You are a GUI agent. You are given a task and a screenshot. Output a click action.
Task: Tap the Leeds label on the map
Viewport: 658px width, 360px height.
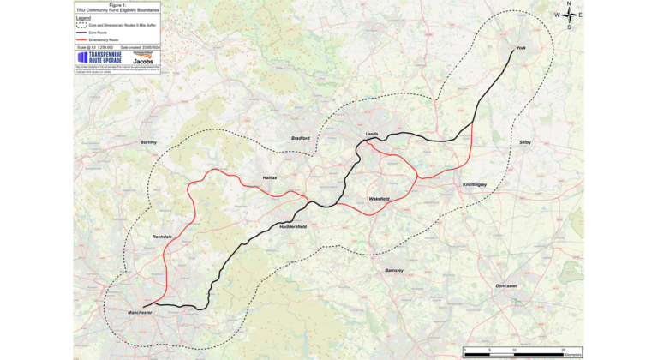point(372,135)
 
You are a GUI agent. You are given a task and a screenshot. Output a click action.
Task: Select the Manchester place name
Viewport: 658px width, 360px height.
point(140,313)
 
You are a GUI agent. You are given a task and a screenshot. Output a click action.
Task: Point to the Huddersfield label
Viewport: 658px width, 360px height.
point(293,227)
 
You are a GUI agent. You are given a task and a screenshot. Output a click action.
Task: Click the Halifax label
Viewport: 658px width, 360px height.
point(270,177)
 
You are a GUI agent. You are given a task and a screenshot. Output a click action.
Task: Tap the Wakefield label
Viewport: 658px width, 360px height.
point(380,199)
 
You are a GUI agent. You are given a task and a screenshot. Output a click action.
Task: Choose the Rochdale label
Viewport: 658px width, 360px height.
point(163,237)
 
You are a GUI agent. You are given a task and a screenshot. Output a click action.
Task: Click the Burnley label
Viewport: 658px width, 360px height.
point(150,142)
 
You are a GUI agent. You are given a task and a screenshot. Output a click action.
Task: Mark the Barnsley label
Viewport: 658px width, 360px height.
point(393,270)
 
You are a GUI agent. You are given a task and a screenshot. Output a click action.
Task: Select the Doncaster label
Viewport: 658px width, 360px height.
point(506,285)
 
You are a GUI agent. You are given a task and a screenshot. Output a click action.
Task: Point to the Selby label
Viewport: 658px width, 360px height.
point(525,142)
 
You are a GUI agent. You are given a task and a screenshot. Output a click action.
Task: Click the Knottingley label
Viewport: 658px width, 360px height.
point(475,185)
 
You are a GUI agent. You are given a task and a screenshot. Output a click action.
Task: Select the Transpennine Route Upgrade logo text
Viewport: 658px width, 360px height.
point(103,58)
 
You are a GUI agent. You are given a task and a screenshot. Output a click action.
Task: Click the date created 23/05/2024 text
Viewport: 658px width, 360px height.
point(138,47)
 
